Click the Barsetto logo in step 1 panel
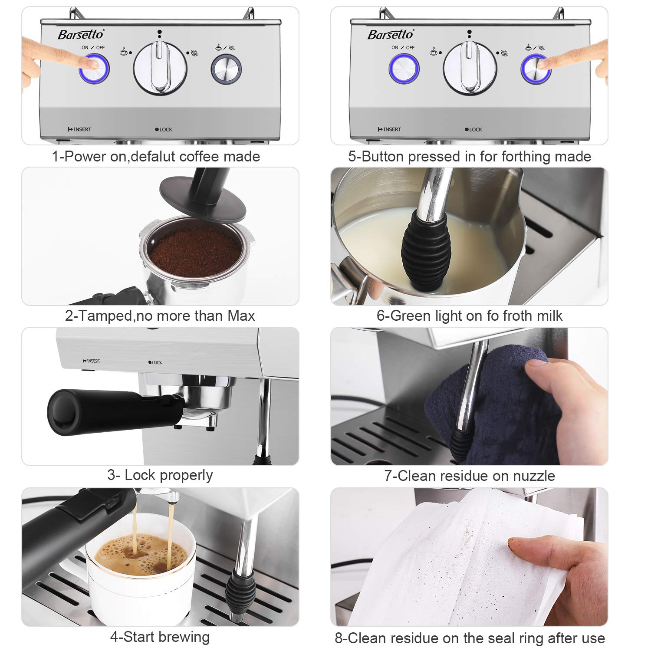click(x=81, y=35)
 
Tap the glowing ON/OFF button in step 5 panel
click(x=404, y=69)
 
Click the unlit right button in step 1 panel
click(x=226, y=69)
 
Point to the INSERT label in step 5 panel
click(x=390, y=129)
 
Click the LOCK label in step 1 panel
click(x=164, y=129)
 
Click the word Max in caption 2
click(x=241, y=316)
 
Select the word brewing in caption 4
click(x=184, y=637)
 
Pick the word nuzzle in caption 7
click(x=533, y=476)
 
